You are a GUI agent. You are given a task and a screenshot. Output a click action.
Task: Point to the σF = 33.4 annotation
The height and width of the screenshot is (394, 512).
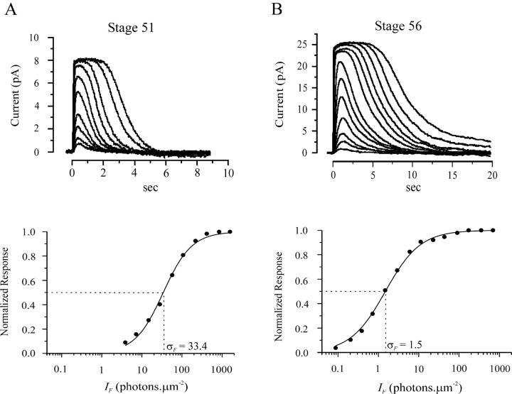tap(187, 346)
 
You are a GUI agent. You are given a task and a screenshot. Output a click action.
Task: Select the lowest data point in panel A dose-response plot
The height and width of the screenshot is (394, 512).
tap(125, 342)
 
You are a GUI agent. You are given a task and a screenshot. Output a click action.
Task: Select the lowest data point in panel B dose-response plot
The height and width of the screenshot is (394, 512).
tap(336, 347)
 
